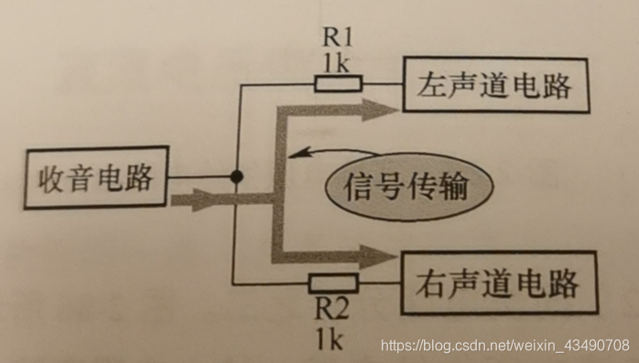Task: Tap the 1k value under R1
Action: click(336, 64)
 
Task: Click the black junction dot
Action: click(236, 176)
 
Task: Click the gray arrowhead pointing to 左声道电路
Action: click(381, 111)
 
